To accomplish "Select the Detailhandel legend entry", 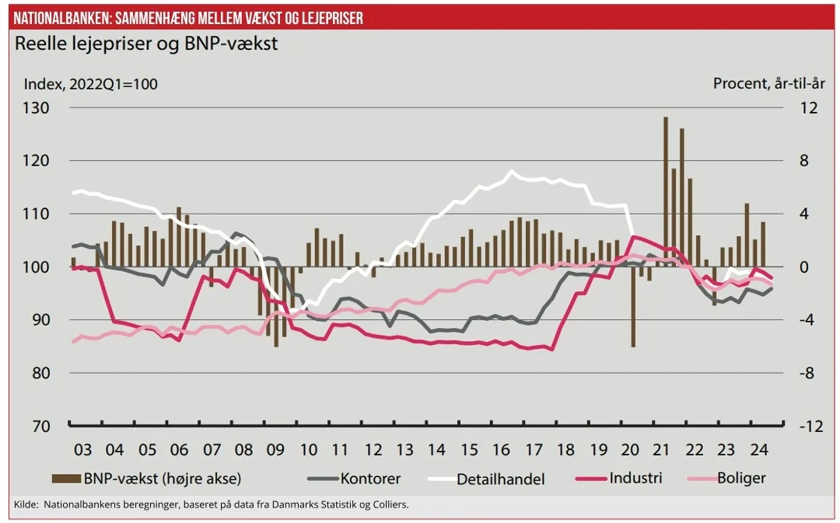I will (500, 478).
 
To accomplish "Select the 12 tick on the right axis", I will (808, 108).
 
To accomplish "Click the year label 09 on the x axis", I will (275, 450).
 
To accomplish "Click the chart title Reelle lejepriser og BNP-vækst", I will (146, 44).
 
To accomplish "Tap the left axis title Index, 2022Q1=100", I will (91, 84).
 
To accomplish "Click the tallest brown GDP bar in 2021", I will (666, 191).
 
